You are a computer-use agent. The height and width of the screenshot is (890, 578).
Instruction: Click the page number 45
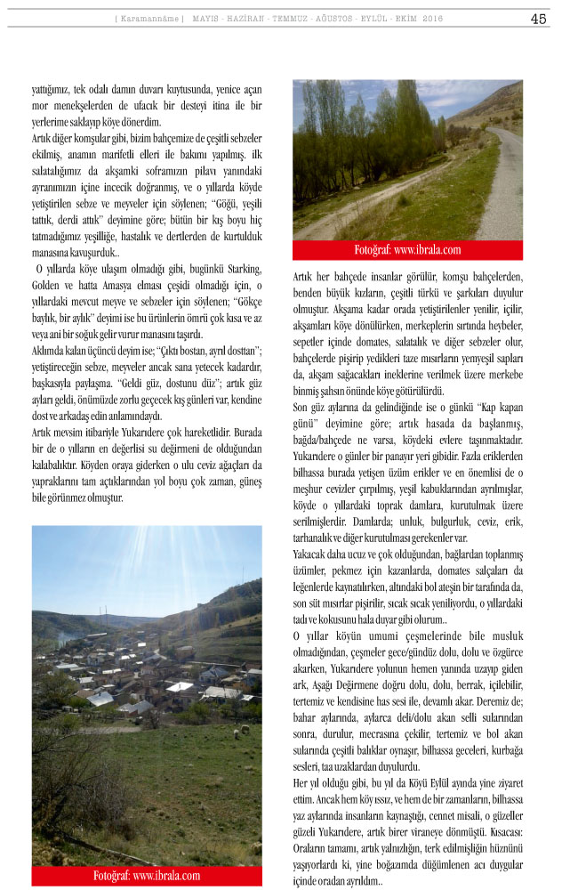[x=538, y=19]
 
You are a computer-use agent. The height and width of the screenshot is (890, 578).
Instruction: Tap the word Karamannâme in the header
[x=149, y=19]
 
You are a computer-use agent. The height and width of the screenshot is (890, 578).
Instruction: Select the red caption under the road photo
[x=407, y=250]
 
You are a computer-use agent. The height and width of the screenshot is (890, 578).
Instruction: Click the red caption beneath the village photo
[x=147, y=876]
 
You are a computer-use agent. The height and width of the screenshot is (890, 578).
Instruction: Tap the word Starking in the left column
[x=242, y=269]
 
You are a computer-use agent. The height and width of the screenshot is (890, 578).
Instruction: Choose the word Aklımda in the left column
[x=53, y=351]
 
